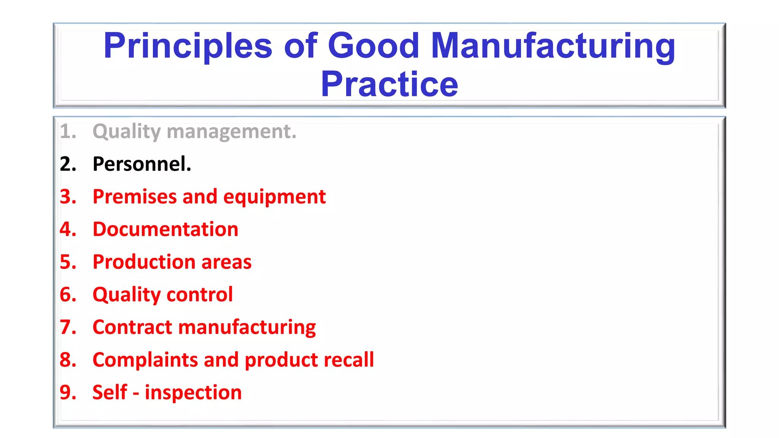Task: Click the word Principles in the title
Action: [x=188, y=46]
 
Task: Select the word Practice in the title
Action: [x=389, y=84]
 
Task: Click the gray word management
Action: [x=231, y=132]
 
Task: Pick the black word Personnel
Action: [x=142, y=164]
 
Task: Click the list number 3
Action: [x=68, y=197]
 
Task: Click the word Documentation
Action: [x=165, y=229]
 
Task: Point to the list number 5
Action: [x=68, y=262]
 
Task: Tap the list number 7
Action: [x=68, y=327]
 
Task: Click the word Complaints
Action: [x=145, y=360]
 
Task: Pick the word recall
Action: [x=348, y=360]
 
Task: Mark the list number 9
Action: [x=68, y=392]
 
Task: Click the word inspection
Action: [x=193, y=393]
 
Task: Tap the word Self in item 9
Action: [x=110, y=392]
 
